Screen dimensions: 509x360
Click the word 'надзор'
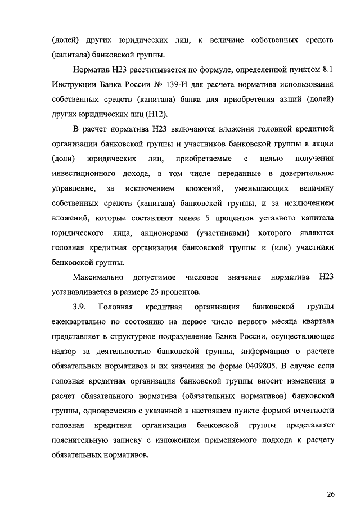[x=64, y=353]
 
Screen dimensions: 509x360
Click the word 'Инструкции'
[x=76, y=85]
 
